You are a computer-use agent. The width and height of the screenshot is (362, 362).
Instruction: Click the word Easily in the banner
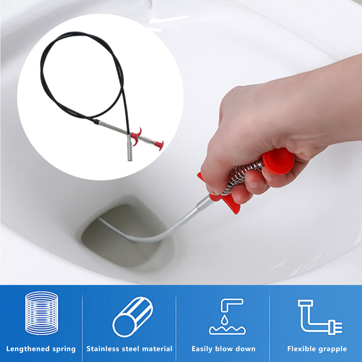pos(202,349)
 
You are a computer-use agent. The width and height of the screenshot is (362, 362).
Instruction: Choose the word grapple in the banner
pos(333,349)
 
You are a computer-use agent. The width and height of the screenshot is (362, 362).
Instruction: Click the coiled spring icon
pos(41,313)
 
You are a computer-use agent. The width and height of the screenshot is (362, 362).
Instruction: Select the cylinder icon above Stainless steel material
pos(133,317)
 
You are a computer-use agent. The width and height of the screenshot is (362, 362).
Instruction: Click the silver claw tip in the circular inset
pos(130,148)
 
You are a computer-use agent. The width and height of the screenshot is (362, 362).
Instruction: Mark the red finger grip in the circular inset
pos(136,136)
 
